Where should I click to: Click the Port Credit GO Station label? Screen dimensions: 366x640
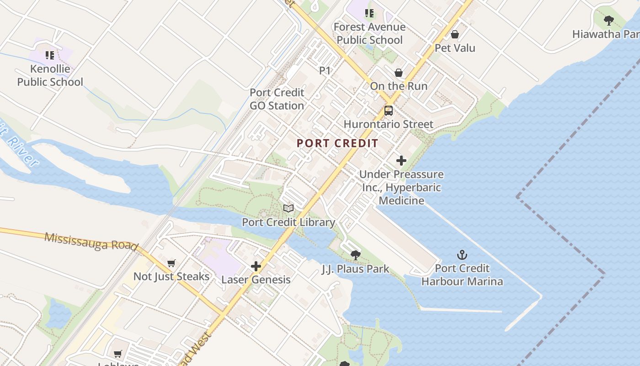(277, 99)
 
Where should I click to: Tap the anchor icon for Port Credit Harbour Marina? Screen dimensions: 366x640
(462, 255)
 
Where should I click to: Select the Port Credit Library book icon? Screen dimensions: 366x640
(288, 209)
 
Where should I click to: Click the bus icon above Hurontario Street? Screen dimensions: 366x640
(389, 110)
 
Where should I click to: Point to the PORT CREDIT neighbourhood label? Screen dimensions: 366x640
(337, 143)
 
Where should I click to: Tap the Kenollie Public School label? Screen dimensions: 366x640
(50, 75)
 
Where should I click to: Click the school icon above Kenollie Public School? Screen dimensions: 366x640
(50, 55)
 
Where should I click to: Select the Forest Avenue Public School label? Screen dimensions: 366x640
(369, 33)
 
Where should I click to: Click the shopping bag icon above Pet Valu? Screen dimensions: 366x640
(455, 34)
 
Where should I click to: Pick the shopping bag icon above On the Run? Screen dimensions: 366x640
(399, 73)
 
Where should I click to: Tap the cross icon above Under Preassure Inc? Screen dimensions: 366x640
(401, 161)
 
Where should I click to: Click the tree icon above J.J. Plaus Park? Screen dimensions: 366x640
(355, 255)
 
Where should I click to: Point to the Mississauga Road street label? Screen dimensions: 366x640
(91, 241)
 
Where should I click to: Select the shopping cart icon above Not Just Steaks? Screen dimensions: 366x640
(171, 263)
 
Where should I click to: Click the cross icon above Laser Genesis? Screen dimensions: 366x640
(256, 266)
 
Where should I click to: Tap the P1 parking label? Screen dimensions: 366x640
(325, 70)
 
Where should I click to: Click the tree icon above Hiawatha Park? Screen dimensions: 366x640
(608, 21)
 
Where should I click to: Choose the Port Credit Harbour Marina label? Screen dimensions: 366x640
(462, 274)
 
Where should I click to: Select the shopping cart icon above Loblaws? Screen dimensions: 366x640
(118, 354)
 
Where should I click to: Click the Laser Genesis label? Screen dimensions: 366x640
(256, 280)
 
